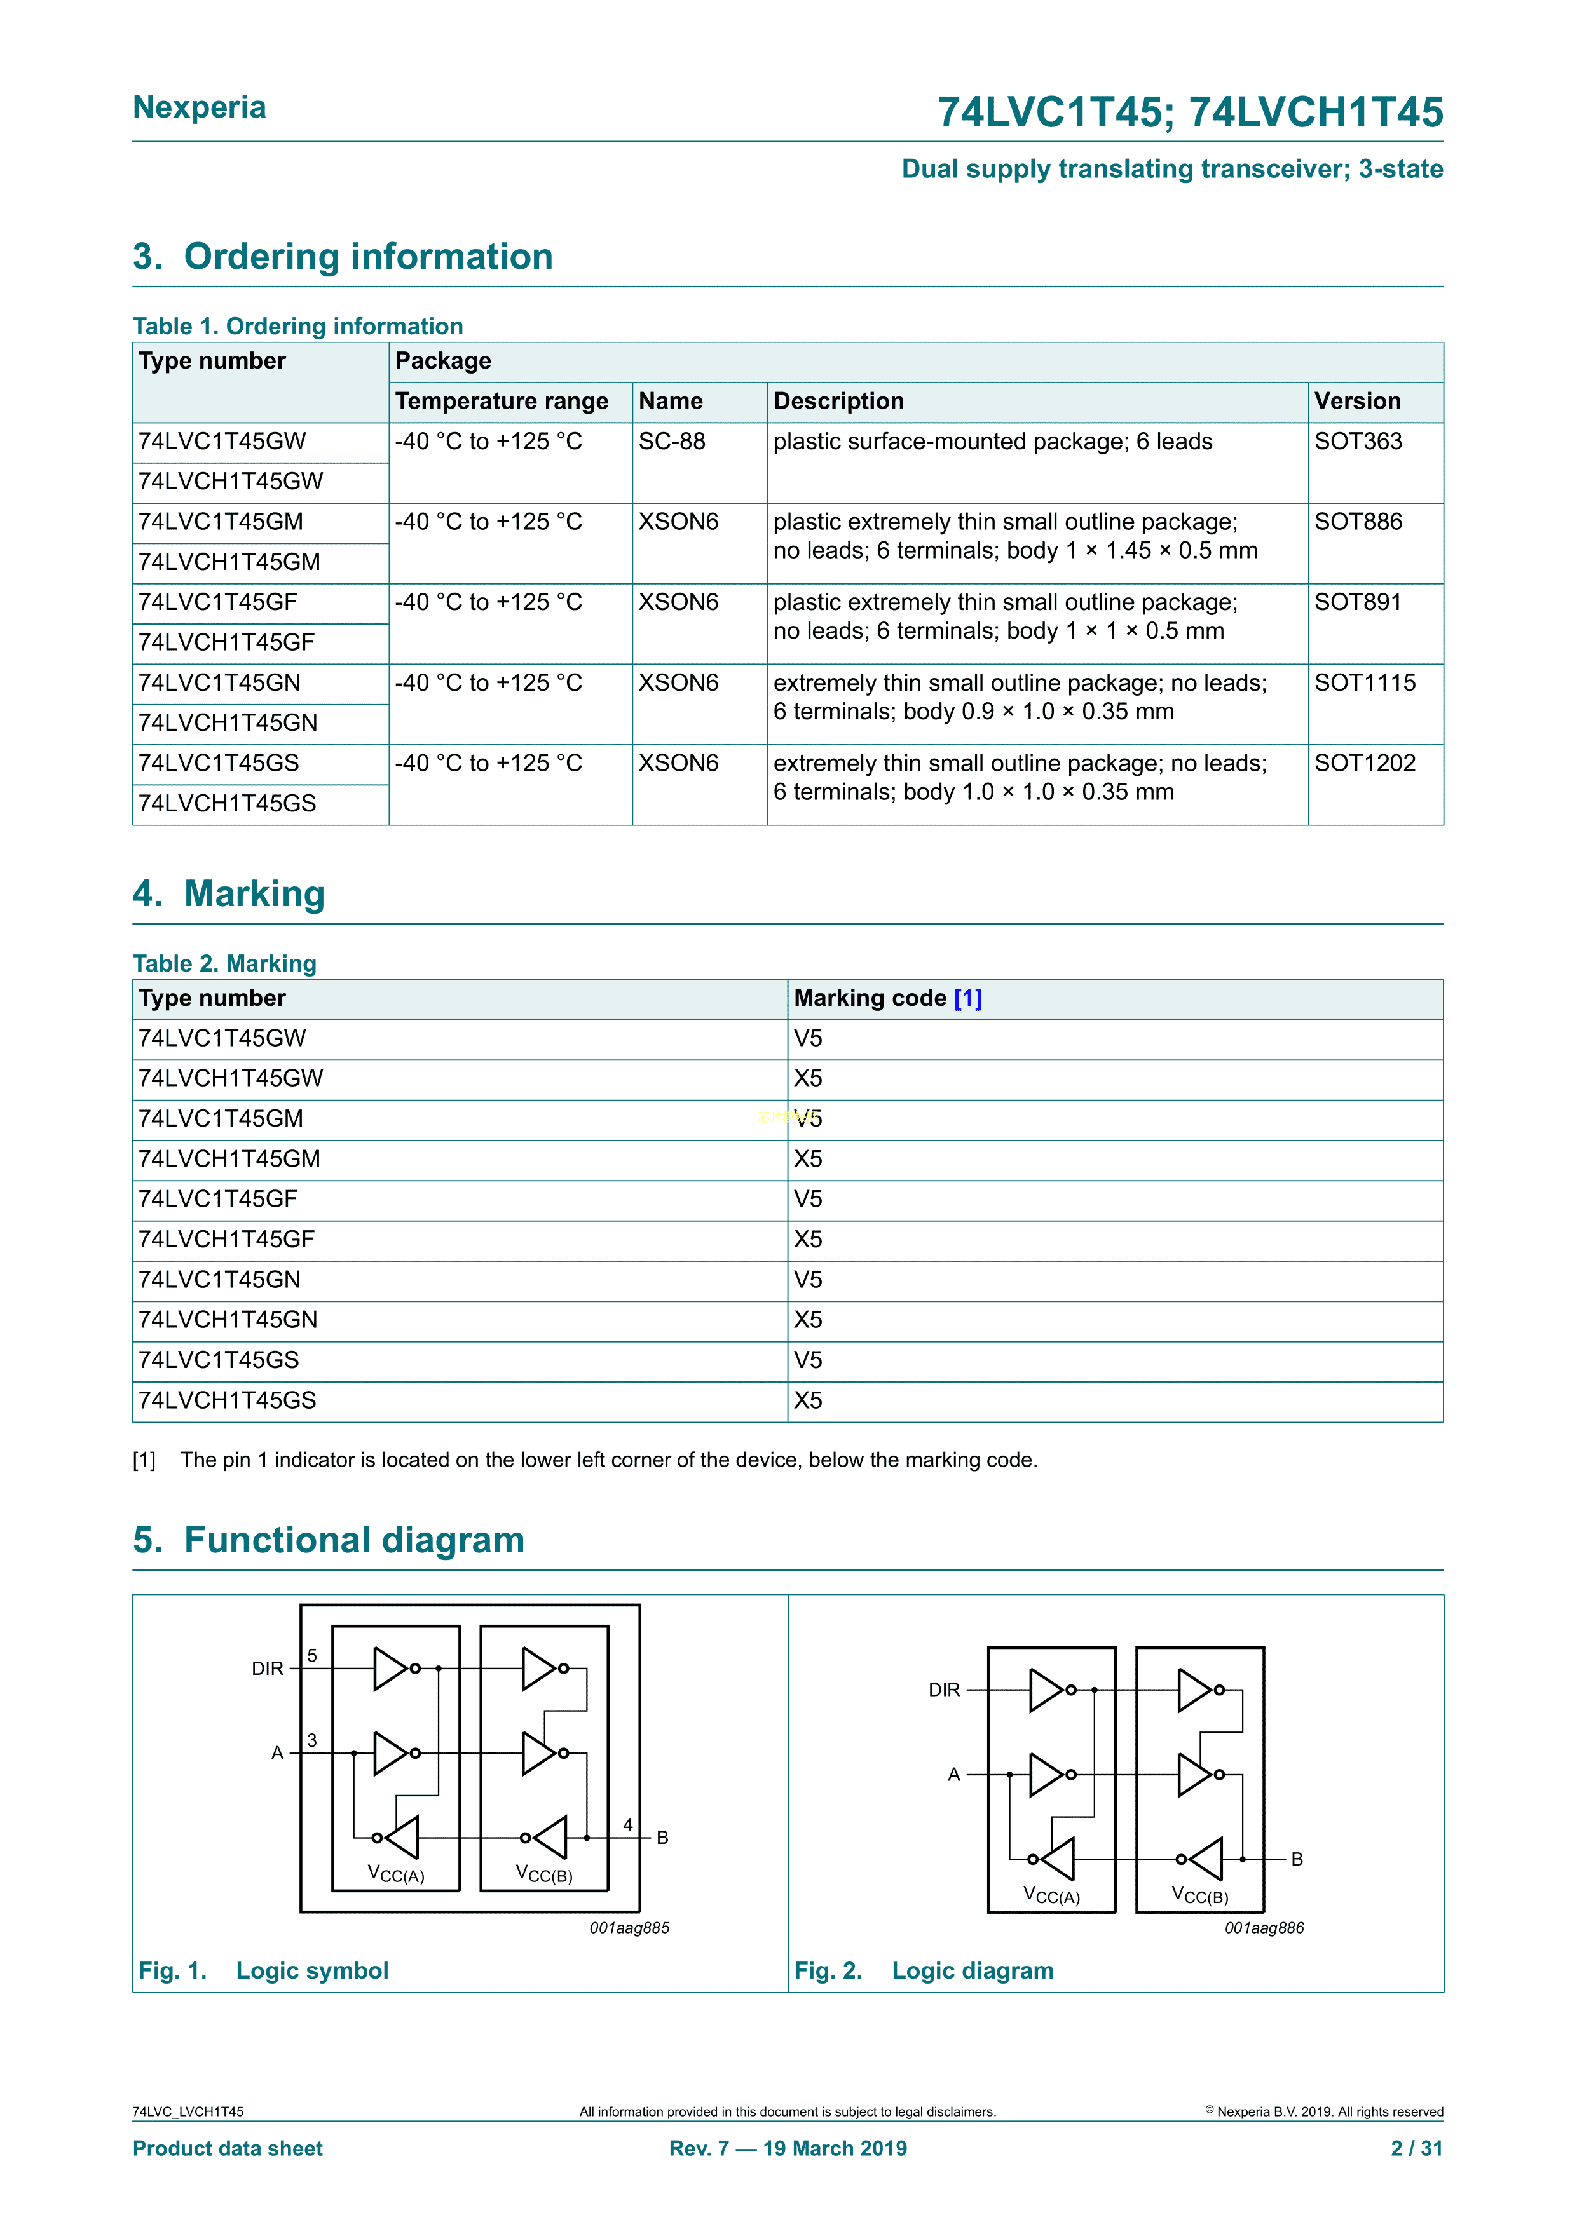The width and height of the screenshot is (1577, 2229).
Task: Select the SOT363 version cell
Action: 1358,442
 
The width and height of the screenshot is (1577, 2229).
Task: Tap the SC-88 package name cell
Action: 672,442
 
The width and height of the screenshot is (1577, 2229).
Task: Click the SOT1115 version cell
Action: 1364,684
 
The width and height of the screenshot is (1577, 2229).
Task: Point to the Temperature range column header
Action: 501,401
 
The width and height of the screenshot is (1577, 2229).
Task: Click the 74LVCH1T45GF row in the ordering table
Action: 226,642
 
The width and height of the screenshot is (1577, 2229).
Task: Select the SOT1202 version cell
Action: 1364,764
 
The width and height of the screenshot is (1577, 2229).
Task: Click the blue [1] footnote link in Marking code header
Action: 968,998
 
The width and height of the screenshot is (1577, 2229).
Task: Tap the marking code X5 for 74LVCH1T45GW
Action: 808,1078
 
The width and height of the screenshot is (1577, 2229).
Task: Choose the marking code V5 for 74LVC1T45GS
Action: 808,1360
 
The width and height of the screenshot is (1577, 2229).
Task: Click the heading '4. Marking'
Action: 229,893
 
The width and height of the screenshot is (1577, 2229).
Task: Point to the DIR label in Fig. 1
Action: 267,1669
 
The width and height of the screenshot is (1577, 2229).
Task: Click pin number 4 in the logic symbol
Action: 628,1825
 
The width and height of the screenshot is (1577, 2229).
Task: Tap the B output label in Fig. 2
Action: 1296,1859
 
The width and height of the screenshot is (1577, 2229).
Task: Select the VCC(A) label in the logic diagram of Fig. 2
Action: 1052,1895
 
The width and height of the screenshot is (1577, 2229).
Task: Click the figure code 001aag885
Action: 629,1928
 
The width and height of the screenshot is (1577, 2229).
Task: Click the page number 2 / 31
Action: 1417,2148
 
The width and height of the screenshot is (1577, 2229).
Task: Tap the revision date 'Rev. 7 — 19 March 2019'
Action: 788,2148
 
